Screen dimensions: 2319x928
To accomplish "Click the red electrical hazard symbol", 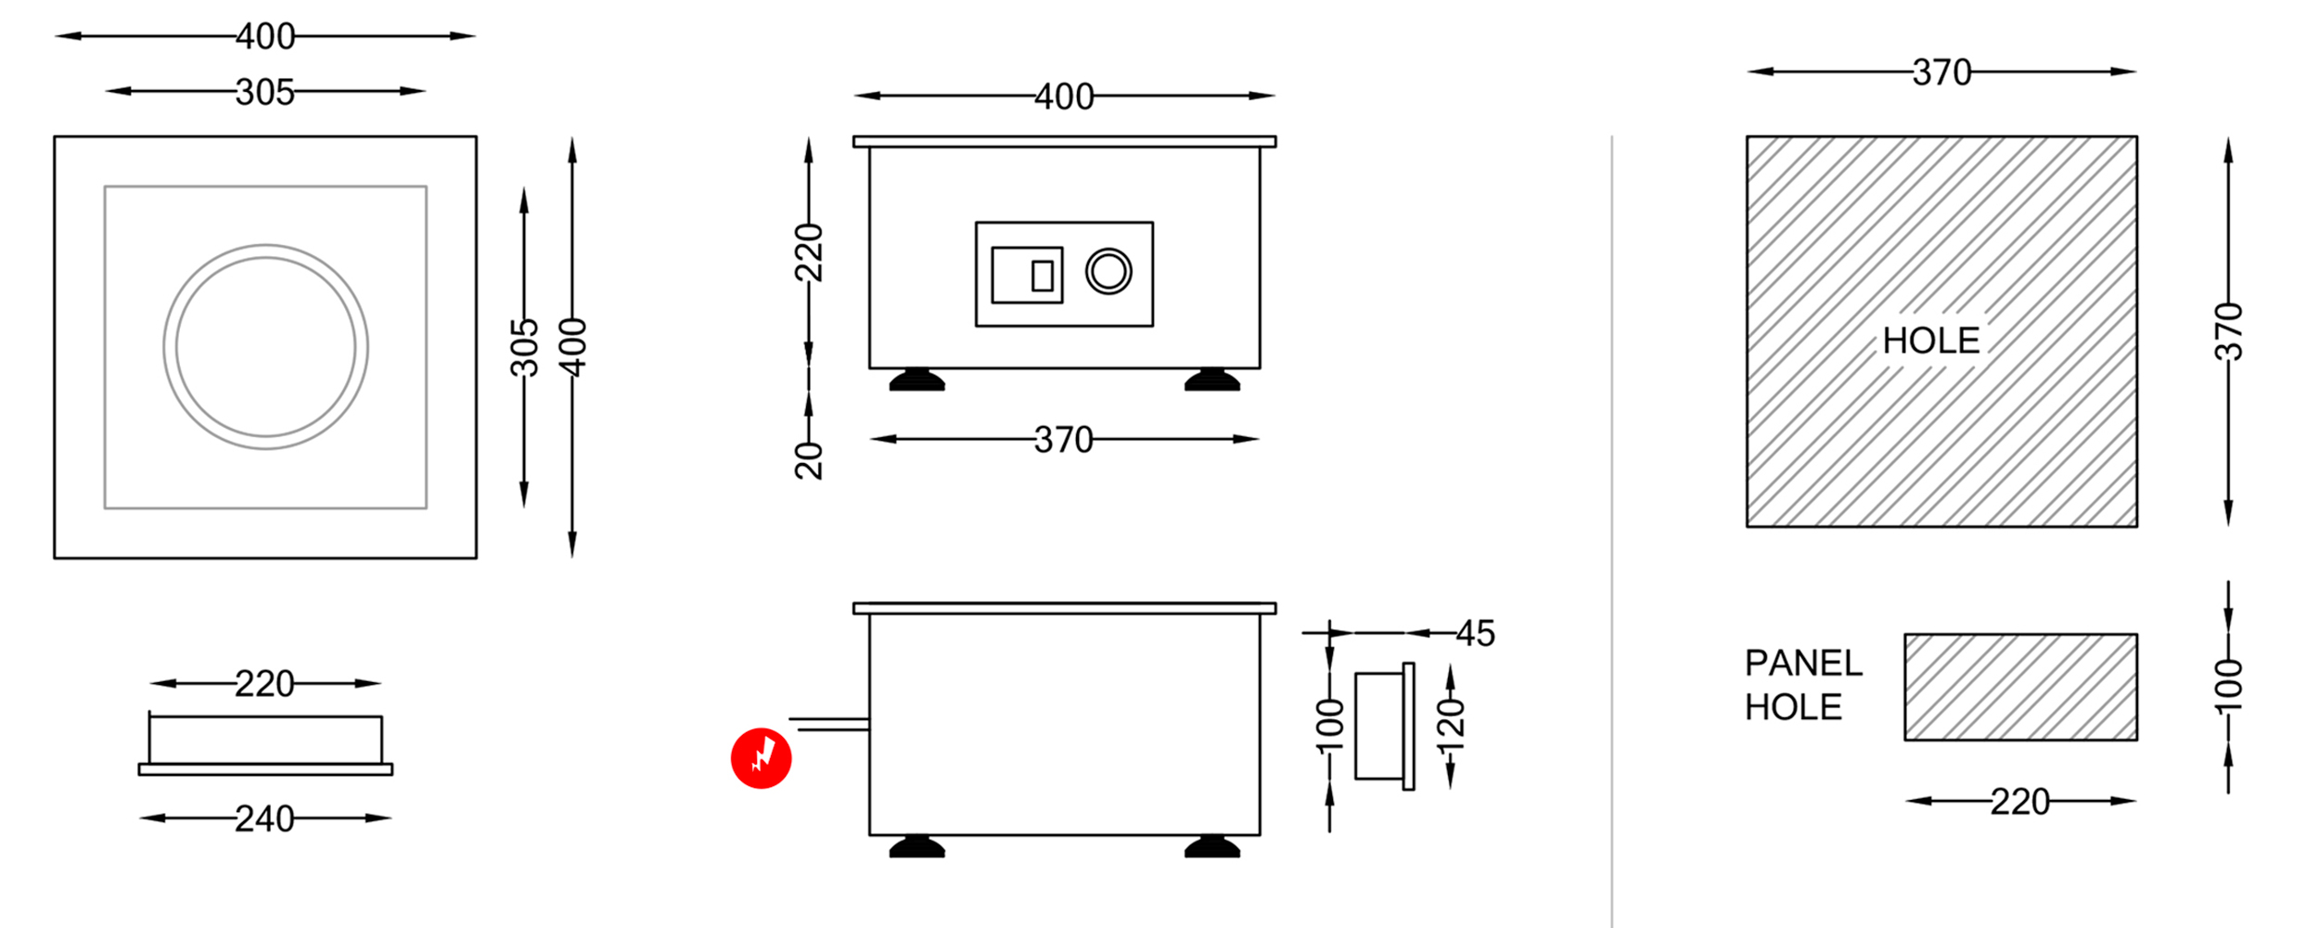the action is (761, 758).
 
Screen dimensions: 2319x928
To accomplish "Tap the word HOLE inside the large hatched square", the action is (1931, 341).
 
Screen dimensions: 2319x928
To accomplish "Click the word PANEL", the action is (1803, 664).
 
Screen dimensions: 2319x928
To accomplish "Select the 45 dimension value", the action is (1475, 633).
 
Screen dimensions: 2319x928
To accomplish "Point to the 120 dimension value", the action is (1450, 726).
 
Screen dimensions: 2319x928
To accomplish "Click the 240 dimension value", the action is (264, 818).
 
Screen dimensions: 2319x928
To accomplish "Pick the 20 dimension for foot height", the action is (809, 460).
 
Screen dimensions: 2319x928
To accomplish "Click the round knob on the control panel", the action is (1108, 272).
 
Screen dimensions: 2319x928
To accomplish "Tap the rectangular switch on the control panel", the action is (1027, 275).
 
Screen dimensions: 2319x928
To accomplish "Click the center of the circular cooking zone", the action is (265, 347).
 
